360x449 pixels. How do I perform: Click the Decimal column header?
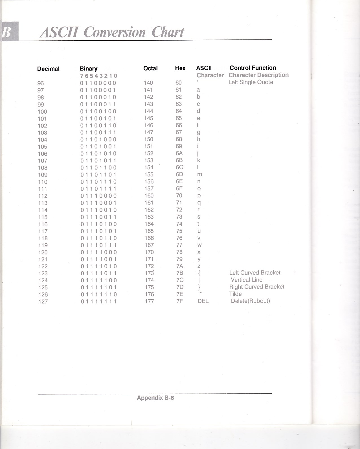48,69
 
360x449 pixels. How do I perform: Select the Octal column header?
150,68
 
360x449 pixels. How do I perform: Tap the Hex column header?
180,68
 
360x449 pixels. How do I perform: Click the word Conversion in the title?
115,32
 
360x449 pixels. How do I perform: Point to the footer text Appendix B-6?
155,398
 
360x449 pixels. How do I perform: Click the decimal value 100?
42,112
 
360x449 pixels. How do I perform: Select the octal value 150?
148,139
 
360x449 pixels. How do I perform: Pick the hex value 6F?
179,188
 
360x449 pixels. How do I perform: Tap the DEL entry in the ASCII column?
203,301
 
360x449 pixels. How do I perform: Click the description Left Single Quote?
251,82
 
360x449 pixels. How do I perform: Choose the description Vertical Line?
247,280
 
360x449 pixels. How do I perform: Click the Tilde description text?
235,294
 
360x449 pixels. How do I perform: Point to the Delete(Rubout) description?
250,301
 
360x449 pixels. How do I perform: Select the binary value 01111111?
98,301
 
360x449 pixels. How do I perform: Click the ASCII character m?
199,174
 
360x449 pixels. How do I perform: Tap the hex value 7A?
179,266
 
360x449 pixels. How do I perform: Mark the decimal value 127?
43,301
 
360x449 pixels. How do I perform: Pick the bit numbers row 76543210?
98,76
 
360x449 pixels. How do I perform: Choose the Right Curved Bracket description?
257,287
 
